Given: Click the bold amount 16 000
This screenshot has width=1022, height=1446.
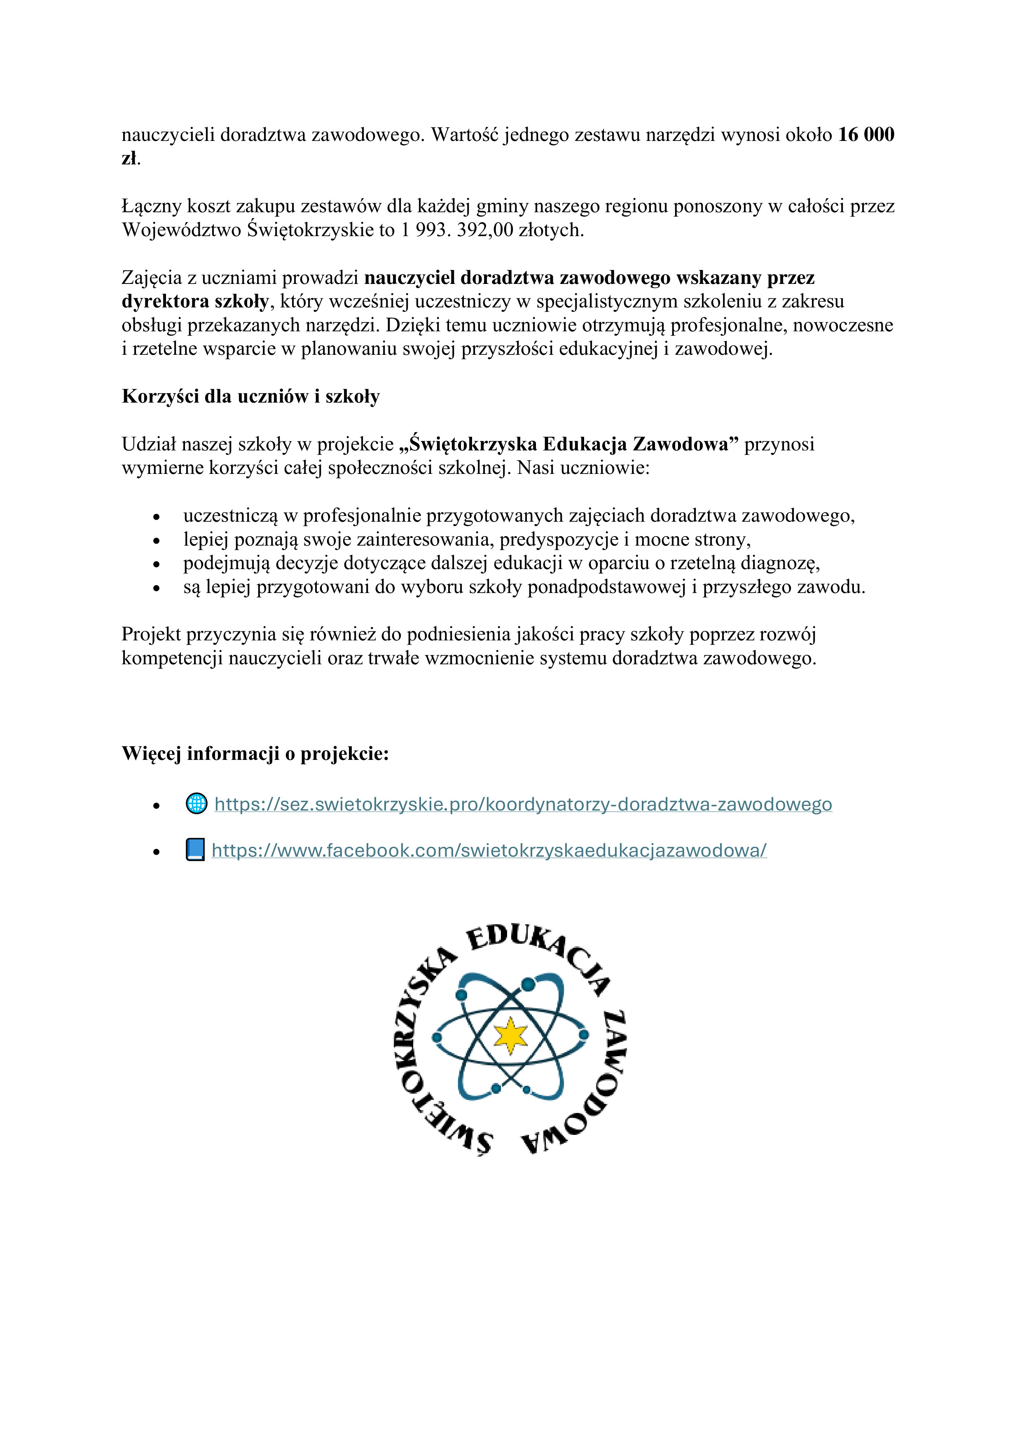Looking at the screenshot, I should [x=866, y=135].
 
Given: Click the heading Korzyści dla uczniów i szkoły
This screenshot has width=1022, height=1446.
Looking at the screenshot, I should [x=250, y=397].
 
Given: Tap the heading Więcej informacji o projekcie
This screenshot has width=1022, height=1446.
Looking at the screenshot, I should [x=255, y=754].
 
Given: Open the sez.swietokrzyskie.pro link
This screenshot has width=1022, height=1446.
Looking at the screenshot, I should [x=523, y=804].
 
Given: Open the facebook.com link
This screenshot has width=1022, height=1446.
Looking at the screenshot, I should [x=489, y=851].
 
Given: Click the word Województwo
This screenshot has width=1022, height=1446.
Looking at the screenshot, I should [x=181, y=230].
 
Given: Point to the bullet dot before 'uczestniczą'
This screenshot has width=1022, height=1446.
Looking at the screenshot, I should [x=156, y=518].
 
